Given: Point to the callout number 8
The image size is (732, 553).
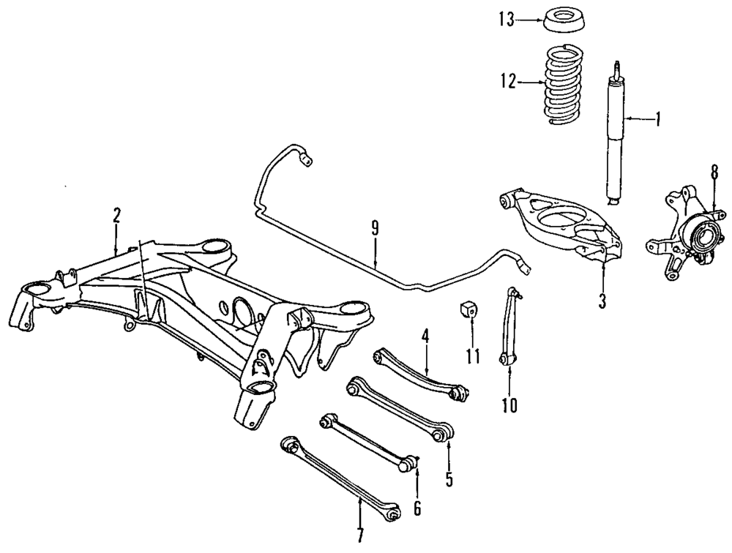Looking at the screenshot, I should click(714, 173).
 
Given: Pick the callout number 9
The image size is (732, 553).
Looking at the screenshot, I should click(374, 228).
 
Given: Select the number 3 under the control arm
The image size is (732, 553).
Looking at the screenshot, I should click(602, 301).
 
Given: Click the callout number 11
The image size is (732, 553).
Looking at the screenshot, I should click(473, 358).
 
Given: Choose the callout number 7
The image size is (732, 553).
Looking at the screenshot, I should click(359, 534).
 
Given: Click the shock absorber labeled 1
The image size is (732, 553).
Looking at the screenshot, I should click(613, 139).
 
